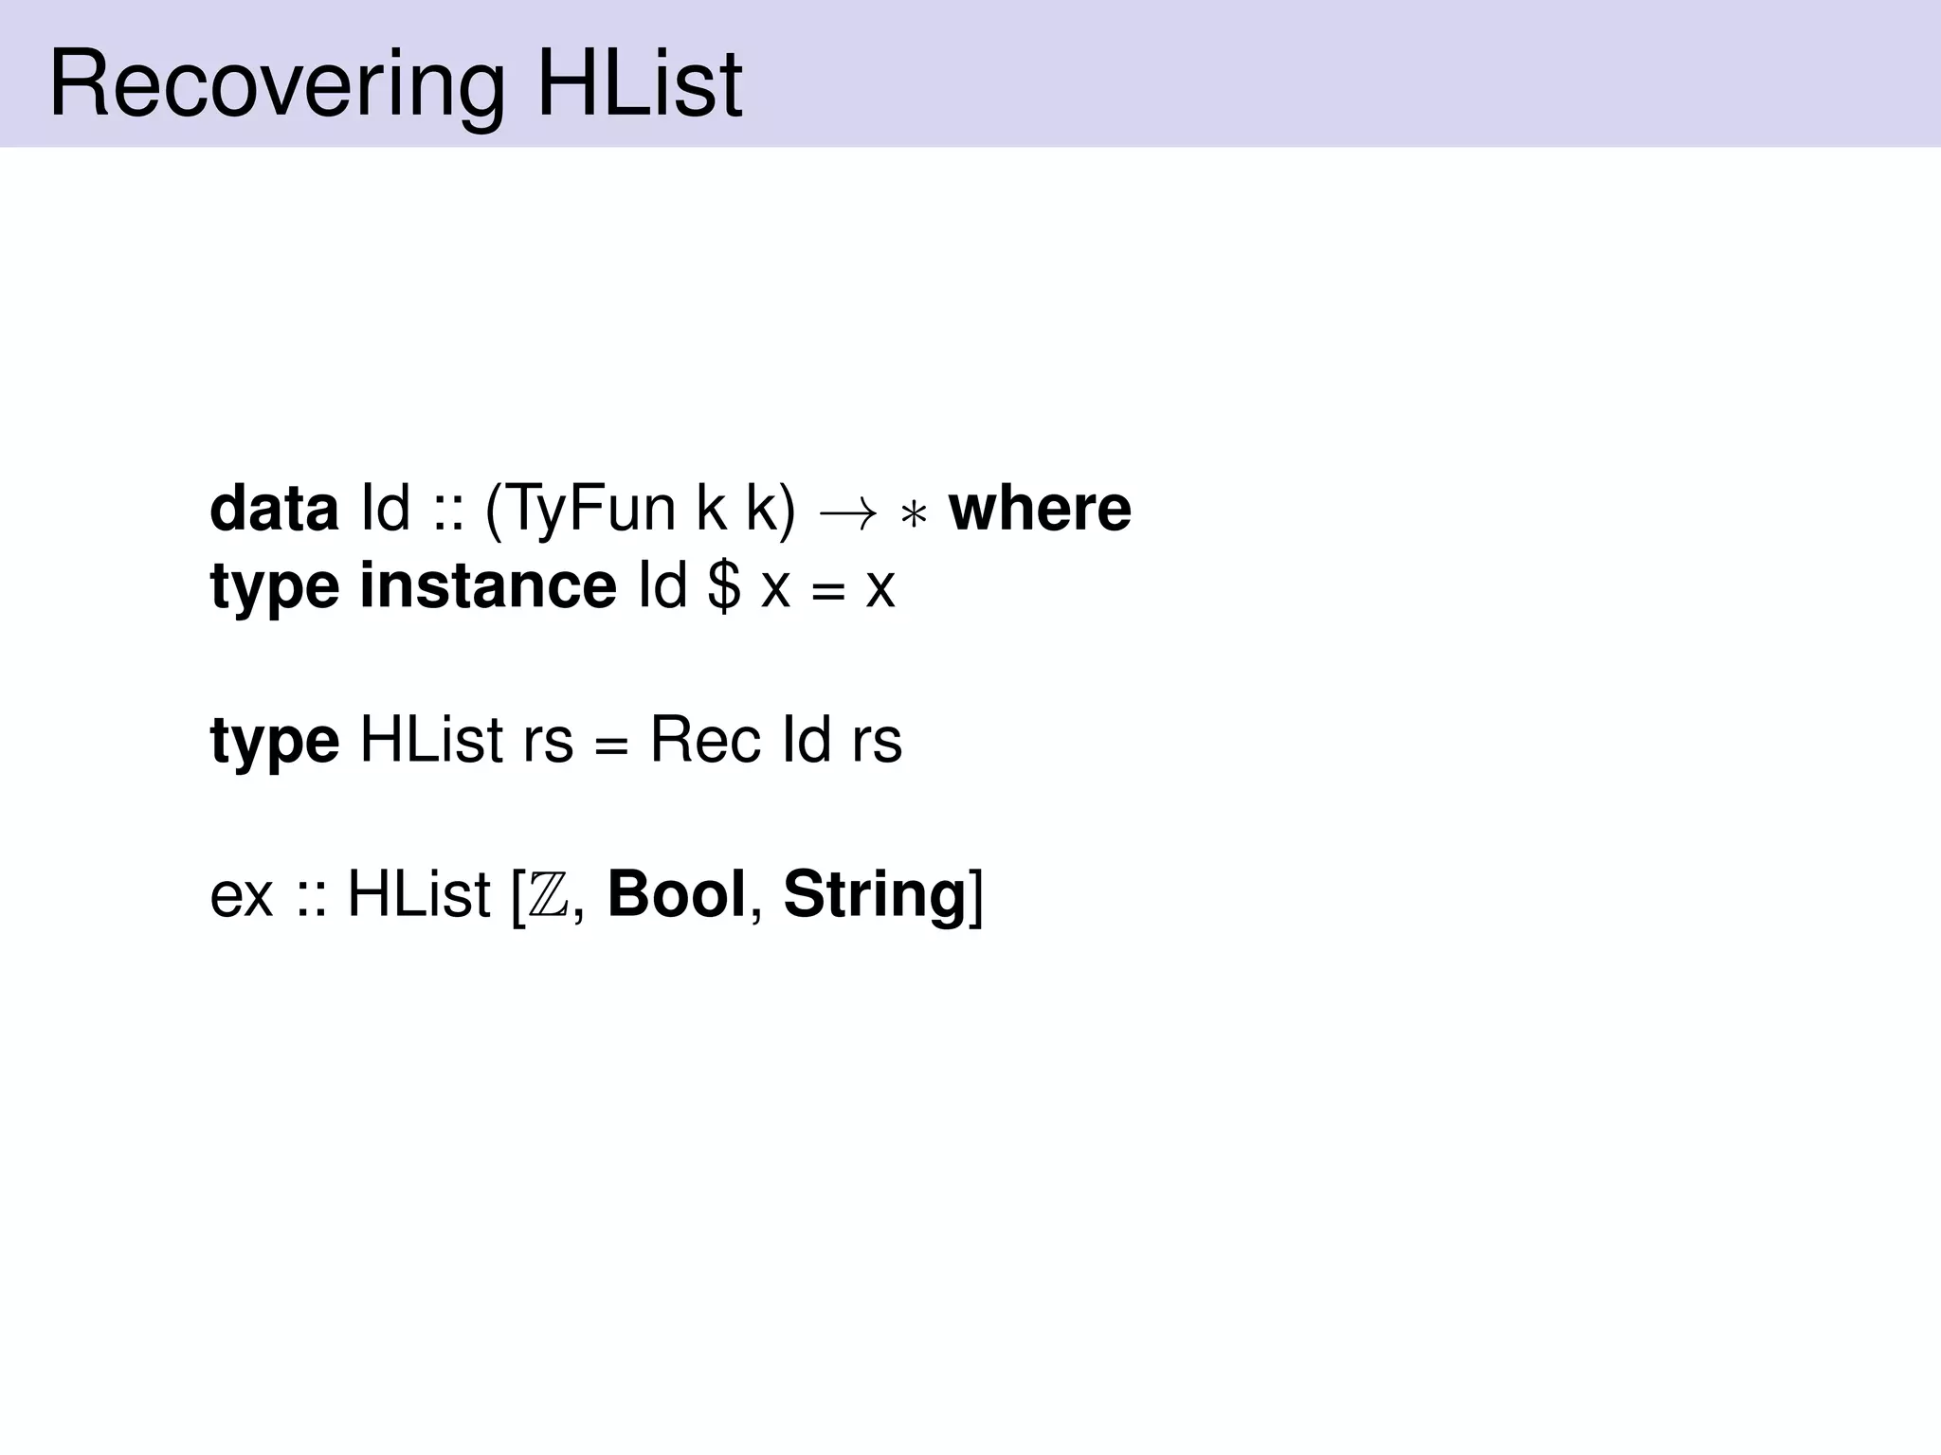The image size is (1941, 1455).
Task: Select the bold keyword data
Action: [274, 509]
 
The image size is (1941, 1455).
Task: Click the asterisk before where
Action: [913, 516]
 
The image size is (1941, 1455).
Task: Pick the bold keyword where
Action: [1040, 509]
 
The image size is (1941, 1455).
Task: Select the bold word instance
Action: [488, 586]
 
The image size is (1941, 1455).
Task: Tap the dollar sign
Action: [725, 586]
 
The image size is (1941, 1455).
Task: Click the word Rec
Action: [705, 740]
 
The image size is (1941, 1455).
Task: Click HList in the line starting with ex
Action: [419, 894]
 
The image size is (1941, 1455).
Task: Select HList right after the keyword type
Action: [431, 740]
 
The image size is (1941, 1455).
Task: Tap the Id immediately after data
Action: [386, 509]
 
